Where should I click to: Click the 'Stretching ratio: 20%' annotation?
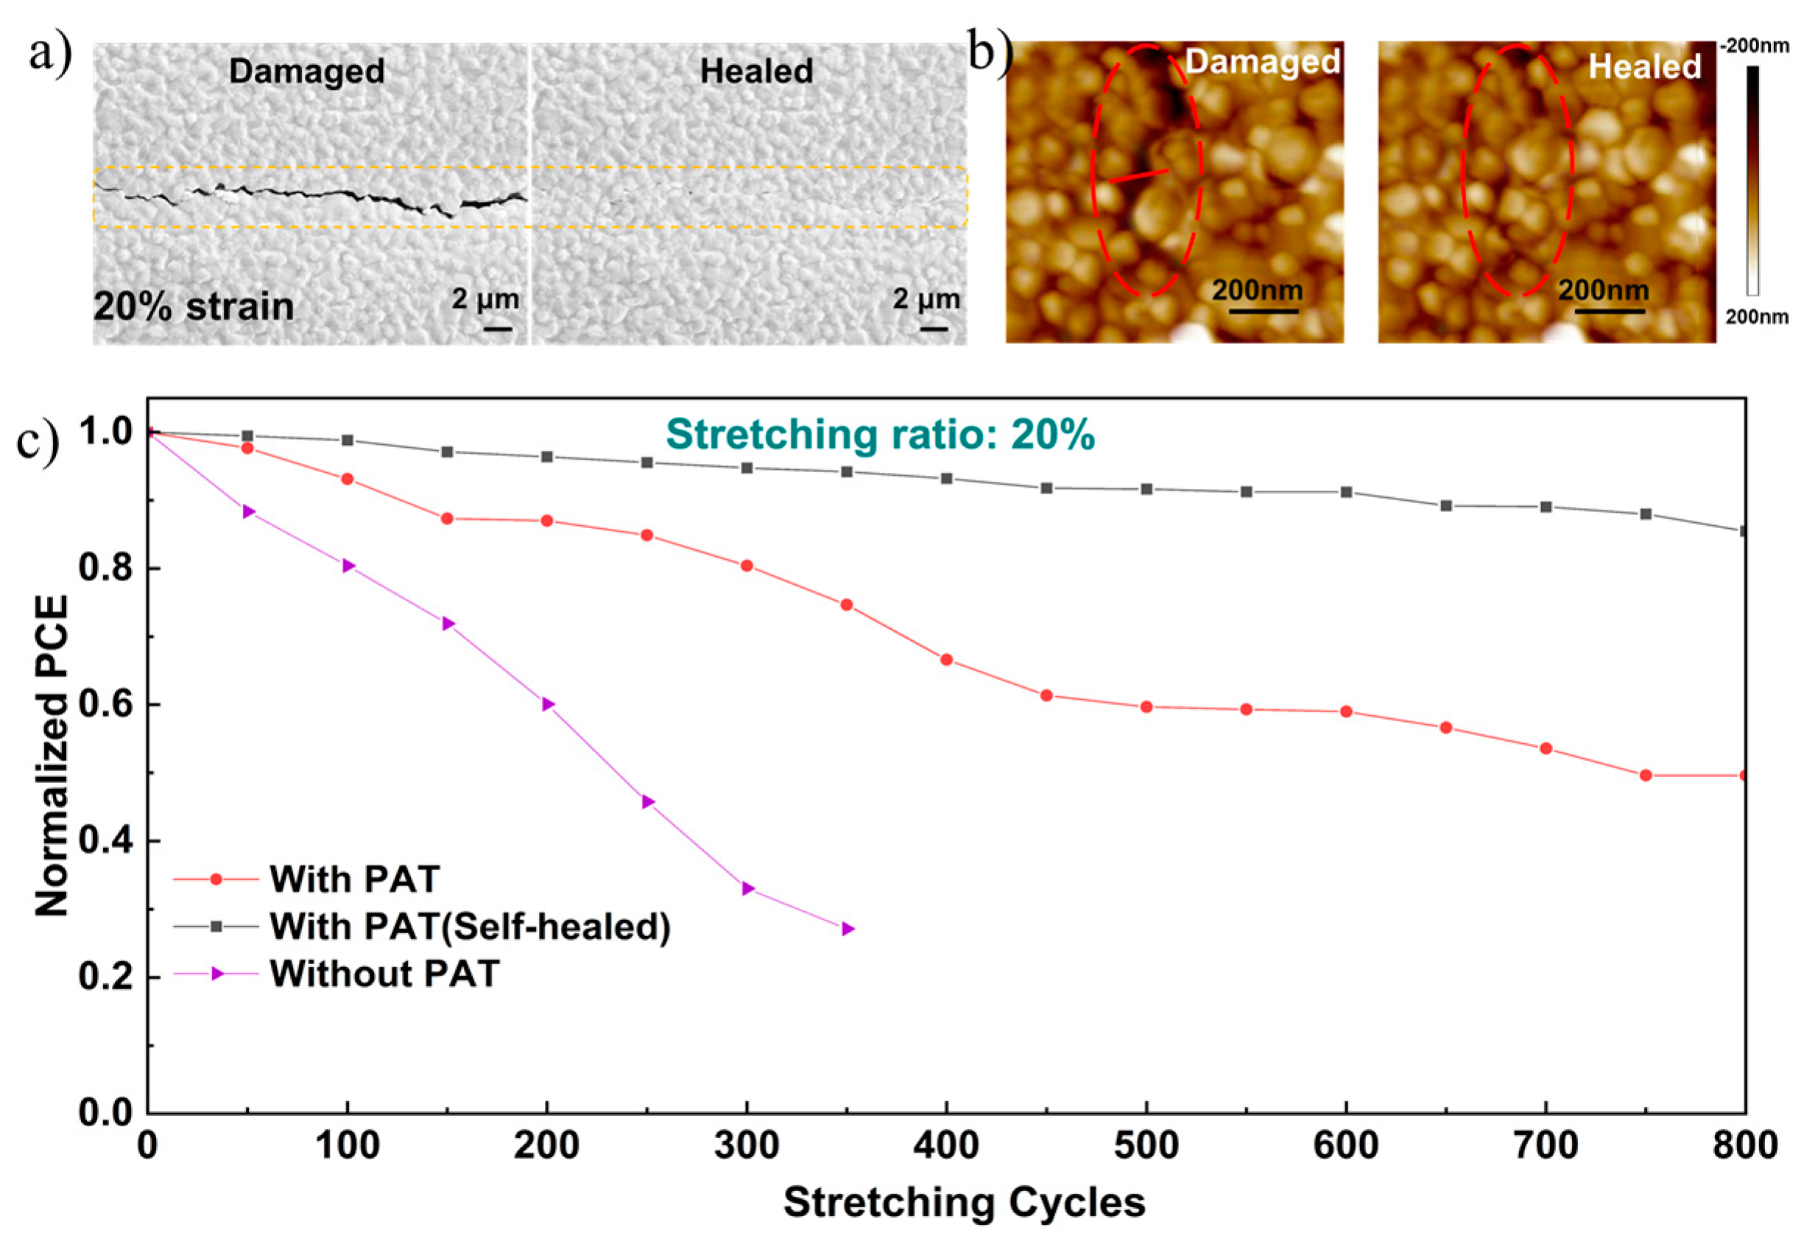(x=880, y=435)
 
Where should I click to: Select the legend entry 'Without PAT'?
(x=384, y=974)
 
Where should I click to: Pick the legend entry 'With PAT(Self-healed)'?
(x=469, y=926)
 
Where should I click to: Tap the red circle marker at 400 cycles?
(x=946, y=659)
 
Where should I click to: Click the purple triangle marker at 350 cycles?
(x=848, y=929)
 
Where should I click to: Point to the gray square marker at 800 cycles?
(x=1743, y=531)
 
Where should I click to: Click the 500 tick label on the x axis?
(x=1146, y=1146)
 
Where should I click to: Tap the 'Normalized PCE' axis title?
(x=53, y=756)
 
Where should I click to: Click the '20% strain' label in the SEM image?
(x=194, y=306)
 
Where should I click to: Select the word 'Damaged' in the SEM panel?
(x=306, y=71)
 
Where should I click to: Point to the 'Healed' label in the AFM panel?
(x=1645, y=66)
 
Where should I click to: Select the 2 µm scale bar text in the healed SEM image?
(x=926, y=298)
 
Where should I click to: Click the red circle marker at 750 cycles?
(x=1646, y=775)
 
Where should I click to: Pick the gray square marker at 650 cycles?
(x=1445, y=505)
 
